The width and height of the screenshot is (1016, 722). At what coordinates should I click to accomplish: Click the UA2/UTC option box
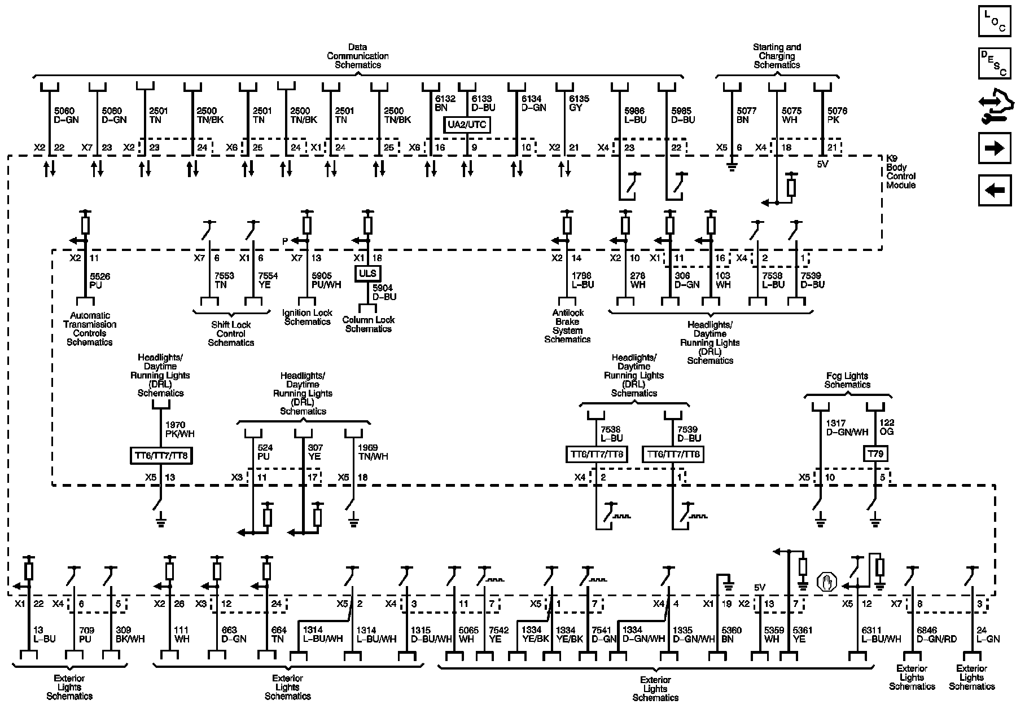tap(467, 125)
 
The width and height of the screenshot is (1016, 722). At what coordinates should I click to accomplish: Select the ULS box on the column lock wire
tap(368, 274)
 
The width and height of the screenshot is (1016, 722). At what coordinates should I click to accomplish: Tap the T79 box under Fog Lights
tap(875, 454)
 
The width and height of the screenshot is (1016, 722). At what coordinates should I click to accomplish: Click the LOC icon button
tap(995, 21)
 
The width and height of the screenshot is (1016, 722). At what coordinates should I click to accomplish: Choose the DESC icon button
tap(995, 63)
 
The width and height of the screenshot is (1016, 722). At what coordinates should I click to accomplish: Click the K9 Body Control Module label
tap(900, 172)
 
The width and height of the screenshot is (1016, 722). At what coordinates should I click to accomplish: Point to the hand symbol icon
tap(827, 582)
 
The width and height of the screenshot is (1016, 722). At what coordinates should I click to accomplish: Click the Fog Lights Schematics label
tap(847, 380)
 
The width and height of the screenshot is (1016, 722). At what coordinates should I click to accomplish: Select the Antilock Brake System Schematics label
tap(567, 326)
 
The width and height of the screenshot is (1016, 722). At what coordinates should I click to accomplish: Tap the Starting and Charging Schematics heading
tap(777, 56)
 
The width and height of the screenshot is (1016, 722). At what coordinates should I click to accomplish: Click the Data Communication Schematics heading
tap(358, 56)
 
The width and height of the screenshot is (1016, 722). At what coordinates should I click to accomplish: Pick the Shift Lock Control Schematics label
tap(231, 333)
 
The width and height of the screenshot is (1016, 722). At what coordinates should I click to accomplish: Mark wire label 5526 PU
tap(100, 280)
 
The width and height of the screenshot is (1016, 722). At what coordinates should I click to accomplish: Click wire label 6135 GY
tap(579, 103)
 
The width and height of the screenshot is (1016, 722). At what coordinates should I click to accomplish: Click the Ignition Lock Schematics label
tap(307, 317)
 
